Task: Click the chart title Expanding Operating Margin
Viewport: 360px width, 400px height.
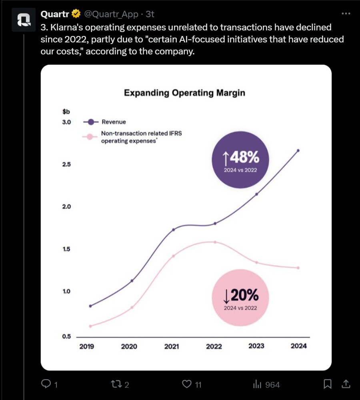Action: (x=184, y=93)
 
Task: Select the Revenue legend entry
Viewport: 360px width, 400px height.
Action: (x=114, y=122)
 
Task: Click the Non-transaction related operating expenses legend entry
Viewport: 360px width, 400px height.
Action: (x=141, y=137)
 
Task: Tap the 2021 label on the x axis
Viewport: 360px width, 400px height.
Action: (x=172, y=346)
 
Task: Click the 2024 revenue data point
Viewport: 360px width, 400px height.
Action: (x=298, y=150)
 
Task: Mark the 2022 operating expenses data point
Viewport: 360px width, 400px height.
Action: (x=215, y=242)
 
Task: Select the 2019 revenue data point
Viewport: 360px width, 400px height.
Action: (x=90, y=306)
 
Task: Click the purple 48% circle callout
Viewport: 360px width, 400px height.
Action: (x=240, y=160)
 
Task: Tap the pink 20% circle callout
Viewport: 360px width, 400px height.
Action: (x=240, y=298)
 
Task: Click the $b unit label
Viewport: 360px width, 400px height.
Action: (x=66, y=112)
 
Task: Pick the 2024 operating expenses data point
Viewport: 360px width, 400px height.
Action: (x=298, y=268)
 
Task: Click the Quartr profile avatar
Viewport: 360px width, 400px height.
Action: (x=24, y=20)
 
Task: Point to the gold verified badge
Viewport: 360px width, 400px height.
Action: (x=76, y=14)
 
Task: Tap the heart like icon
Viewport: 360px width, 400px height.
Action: (x=186, y=384)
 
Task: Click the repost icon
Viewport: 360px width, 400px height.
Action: (x=116, y=384)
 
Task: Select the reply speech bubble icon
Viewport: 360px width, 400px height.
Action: (x=46, y=384)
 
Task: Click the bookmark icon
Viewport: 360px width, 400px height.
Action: (x=327, y=384)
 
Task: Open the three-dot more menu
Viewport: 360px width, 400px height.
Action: (x=346, y=14)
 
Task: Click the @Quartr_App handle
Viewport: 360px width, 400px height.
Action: (x=111, y=14)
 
